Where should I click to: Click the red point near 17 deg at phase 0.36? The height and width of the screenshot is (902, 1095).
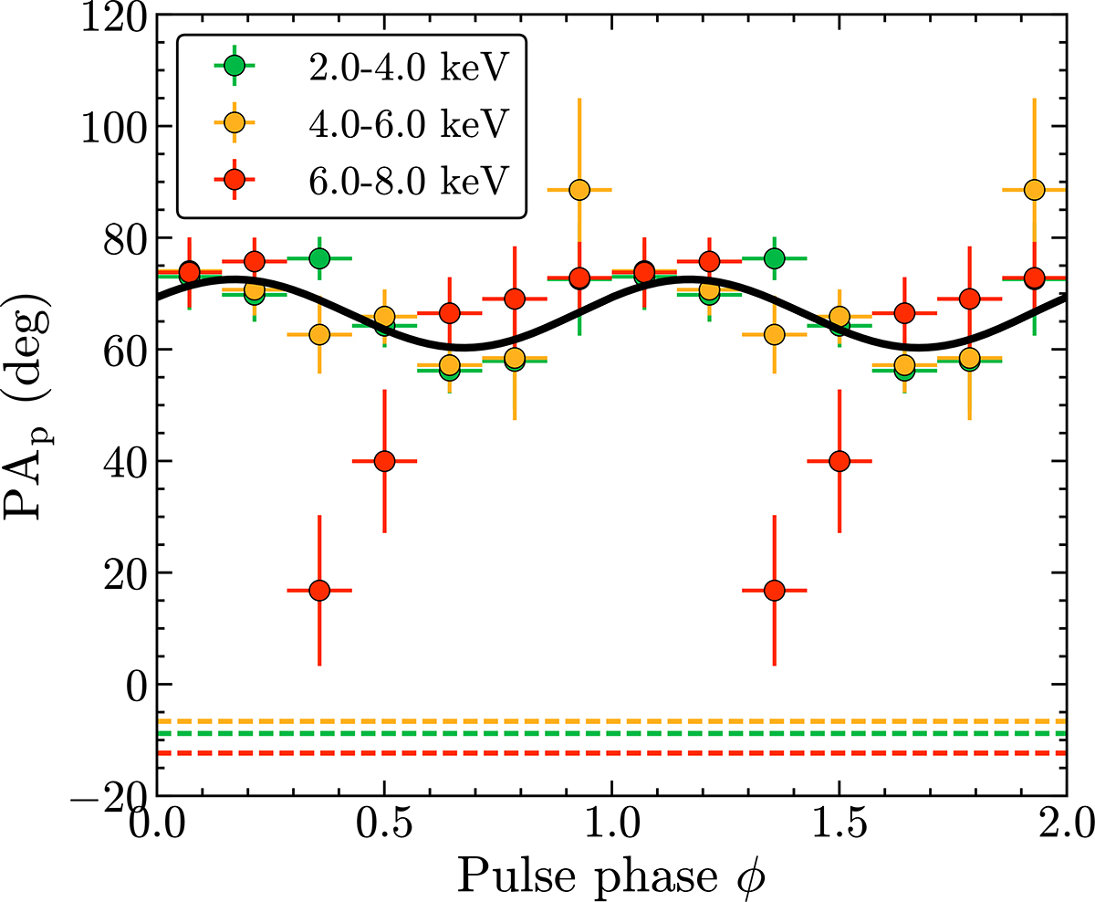[x=319, y=591]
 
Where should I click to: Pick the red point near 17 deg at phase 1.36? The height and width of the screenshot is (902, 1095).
[x=775, y=591]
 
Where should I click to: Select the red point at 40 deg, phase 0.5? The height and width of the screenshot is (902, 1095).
[x=384, y=461]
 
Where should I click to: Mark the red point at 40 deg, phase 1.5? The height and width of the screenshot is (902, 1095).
[x=839, y=461]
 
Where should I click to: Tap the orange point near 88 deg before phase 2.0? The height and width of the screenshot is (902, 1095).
[x=1034, y=190]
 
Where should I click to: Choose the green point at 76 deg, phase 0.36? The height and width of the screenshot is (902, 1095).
[x=319, y=258]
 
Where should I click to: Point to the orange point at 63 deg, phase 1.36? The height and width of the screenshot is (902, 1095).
[x=775, y=334]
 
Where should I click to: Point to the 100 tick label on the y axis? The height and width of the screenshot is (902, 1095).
[x=114, y=127]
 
